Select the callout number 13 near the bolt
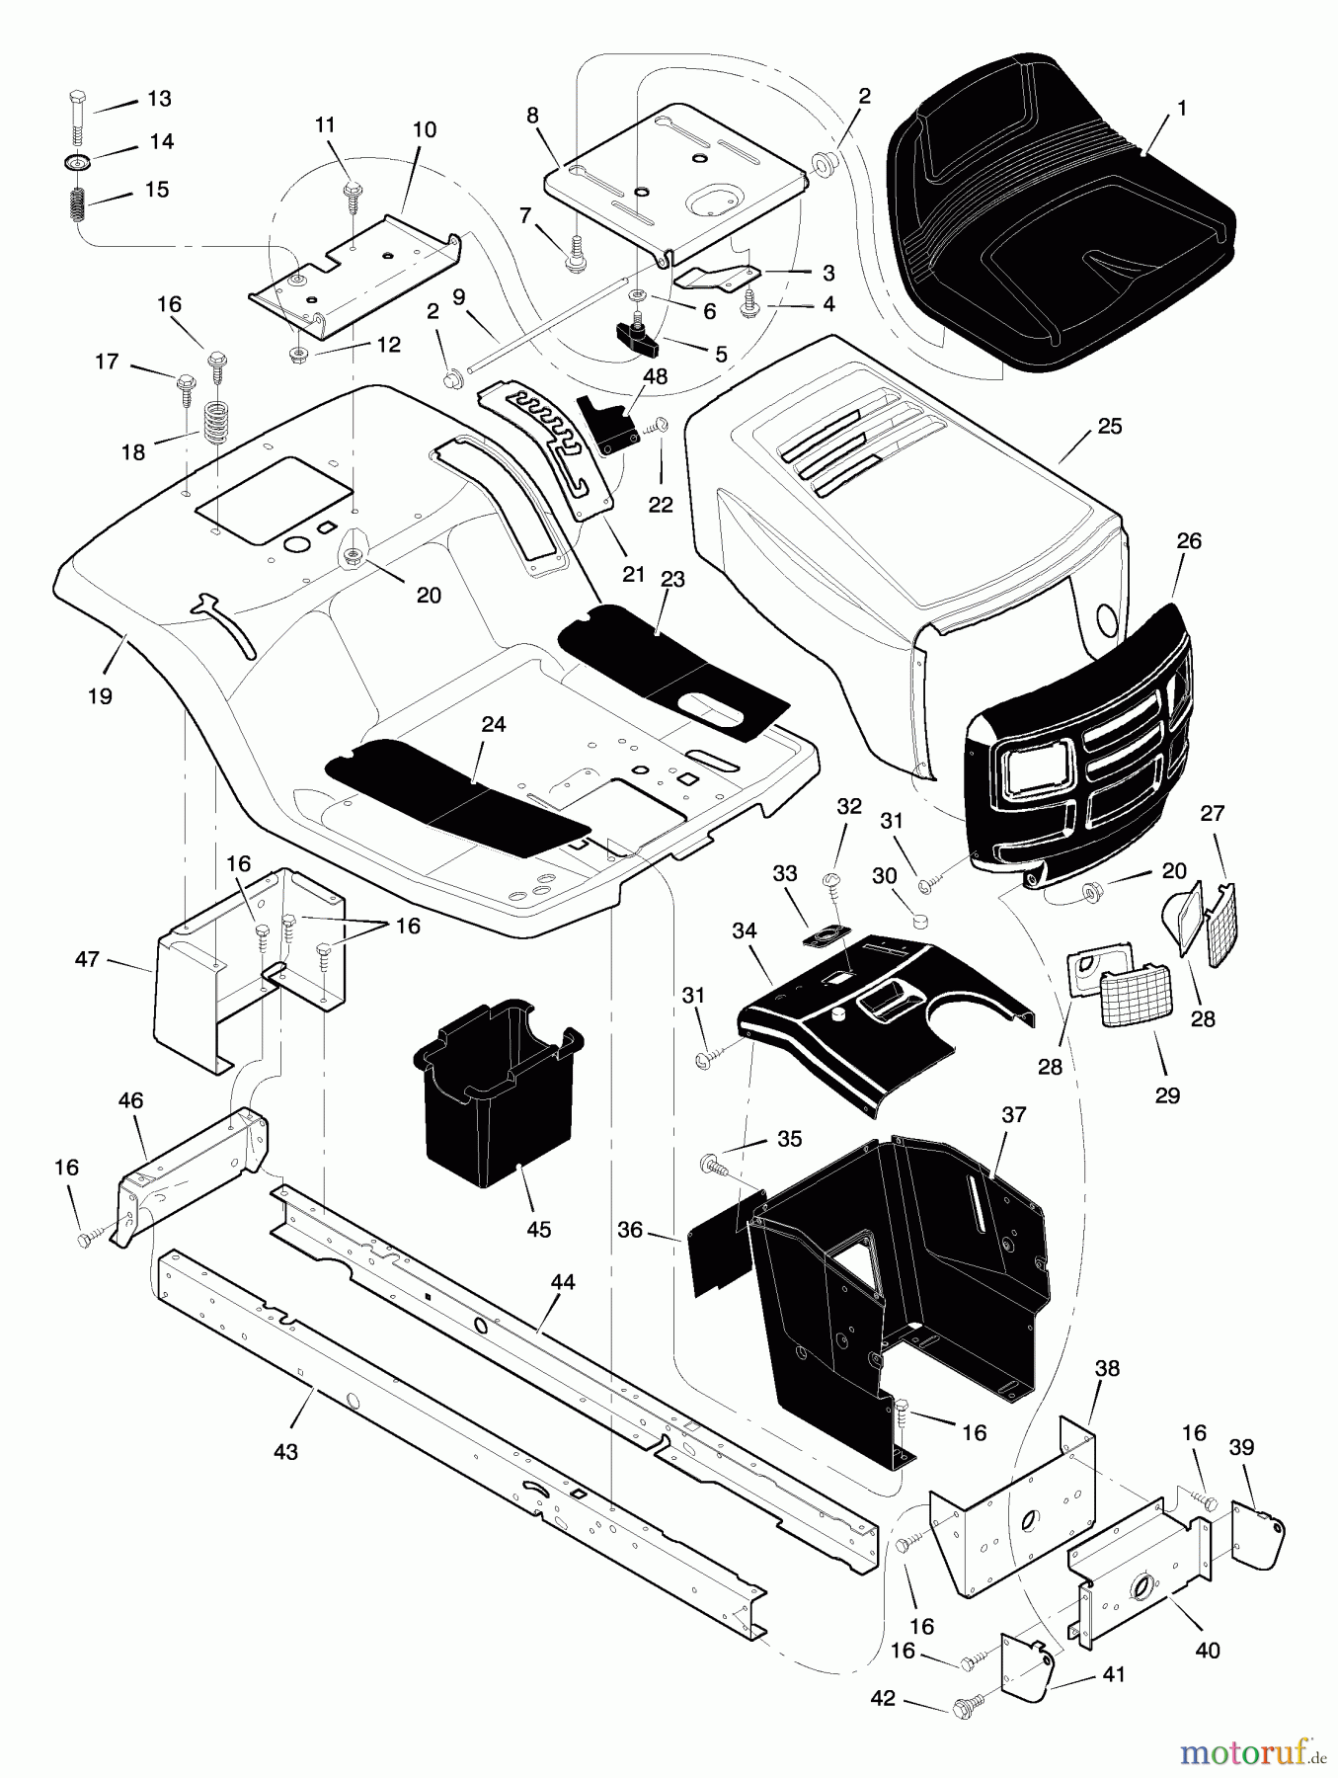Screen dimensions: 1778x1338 point(159,99)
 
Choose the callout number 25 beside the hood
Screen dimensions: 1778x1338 point(1110,427)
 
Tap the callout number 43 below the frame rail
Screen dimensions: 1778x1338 point(285,1452)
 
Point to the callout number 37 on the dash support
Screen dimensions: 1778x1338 point(1014,1114)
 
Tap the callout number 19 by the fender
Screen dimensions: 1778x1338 point(99,695)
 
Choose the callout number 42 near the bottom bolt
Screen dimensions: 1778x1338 point(883,1698)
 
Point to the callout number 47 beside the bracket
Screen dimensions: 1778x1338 point(87,958)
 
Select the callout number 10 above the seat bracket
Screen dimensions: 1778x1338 point(425,130)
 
